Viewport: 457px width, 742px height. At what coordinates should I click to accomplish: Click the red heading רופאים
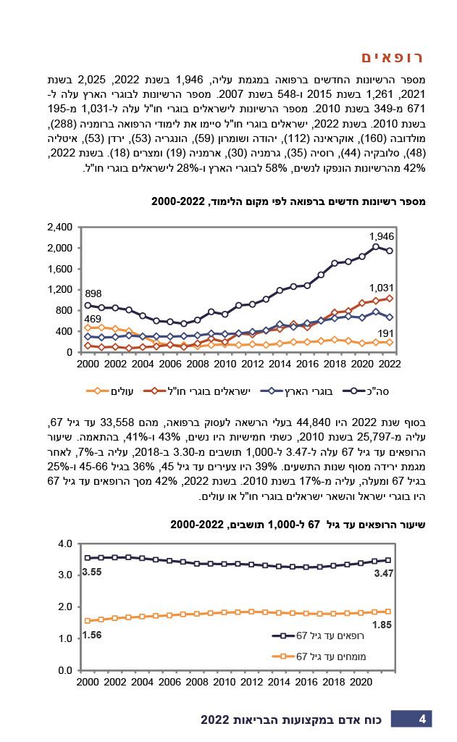392,58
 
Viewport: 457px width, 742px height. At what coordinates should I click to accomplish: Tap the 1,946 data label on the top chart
382,236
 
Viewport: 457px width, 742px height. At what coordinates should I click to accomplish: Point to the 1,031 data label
382,288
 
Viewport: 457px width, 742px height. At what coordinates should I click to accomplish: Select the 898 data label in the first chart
93,293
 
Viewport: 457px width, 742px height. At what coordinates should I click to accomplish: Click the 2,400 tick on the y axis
59,228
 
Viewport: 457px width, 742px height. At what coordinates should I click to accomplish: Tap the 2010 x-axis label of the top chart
225,363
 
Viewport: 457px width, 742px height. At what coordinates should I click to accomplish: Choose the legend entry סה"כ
367,392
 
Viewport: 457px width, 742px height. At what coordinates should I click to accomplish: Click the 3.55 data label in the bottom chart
92,572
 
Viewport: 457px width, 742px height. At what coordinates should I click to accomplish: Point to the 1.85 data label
382,625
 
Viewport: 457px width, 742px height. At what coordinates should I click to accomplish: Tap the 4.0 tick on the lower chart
65,543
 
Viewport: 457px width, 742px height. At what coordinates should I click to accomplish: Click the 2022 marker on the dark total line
390,251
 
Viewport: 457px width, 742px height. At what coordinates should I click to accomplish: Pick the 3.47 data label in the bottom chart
383,573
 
